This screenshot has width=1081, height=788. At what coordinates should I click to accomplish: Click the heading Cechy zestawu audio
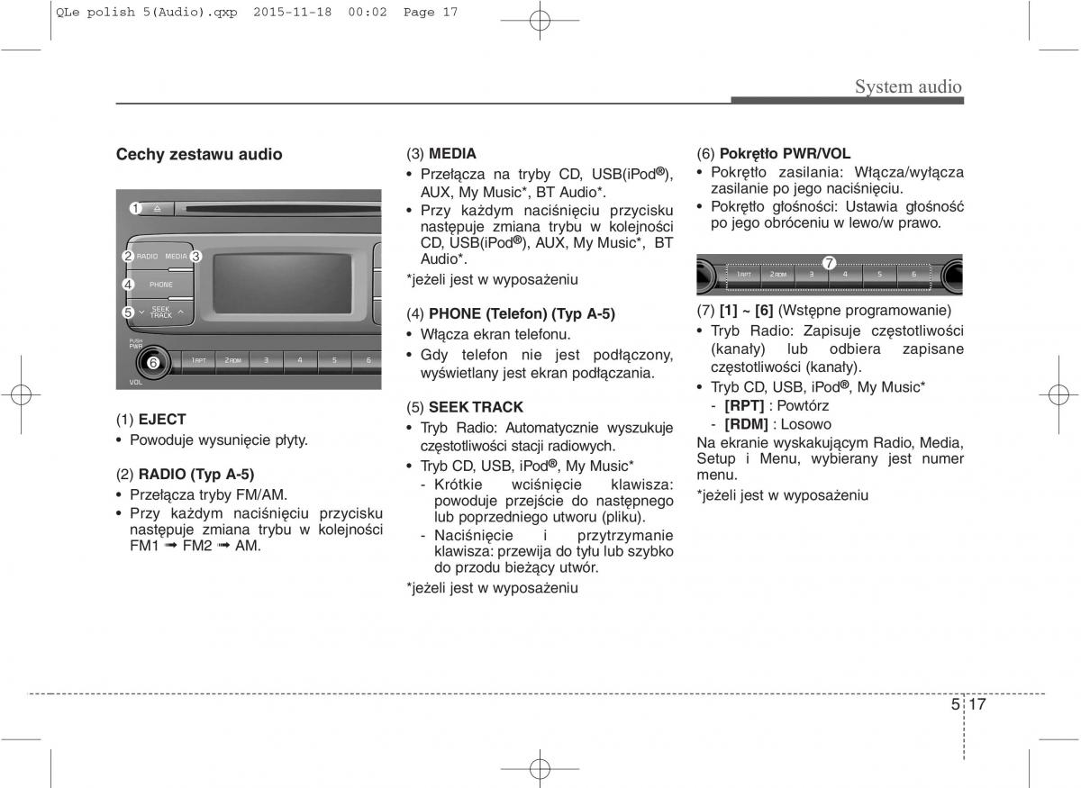point(199,154)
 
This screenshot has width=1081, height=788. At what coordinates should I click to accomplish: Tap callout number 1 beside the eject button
point(136,208)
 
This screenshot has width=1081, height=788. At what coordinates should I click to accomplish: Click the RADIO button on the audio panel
point(147,257)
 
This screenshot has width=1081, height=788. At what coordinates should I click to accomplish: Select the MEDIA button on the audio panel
point(176,257)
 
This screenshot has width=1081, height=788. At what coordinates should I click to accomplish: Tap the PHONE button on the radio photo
point(161,285)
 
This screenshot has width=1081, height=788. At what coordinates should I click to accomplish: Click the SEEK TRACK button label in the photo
point(160,312)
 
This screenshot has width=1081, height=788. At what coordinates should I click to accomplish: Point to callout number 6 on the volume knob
point(153,362)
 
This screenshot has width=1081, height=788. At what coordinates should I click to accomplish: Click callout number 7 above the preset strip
point(829,263)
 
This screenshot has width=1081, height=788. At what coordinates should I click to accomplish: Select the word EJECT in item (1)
point(162,420)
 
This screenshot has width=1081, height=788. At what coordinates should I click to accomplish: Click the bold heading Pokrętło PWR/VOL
point(786,153)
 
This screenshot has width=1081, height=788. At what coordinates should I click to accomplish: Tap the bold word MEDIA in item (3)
point(452,153)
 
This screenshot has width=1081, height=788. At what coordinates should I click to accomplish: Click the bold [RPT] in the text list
point(744,406)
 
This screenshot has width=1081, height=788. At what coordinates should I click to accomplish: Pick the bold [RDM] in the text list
point(746,424)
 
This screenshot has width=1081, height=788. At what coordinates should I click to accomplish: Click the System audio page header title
point(908,86)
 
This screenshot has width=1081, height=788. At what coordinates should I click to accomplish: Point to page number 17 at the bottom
point(977,704)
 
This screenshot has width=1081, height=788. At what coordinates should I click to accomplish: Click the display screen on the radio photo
point(282,284)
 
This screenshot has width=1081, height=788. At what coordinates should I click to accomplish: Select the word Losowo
point(806,424)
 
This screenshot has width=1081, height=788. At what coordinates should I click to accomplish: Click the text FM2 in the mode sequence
point(197,546)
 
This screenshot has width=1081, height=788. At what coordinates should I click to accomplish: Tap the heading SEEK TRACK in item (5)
point(476,407)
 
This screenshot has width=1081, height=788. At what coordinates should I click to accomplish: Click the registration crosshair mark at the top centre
point(540,21)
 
